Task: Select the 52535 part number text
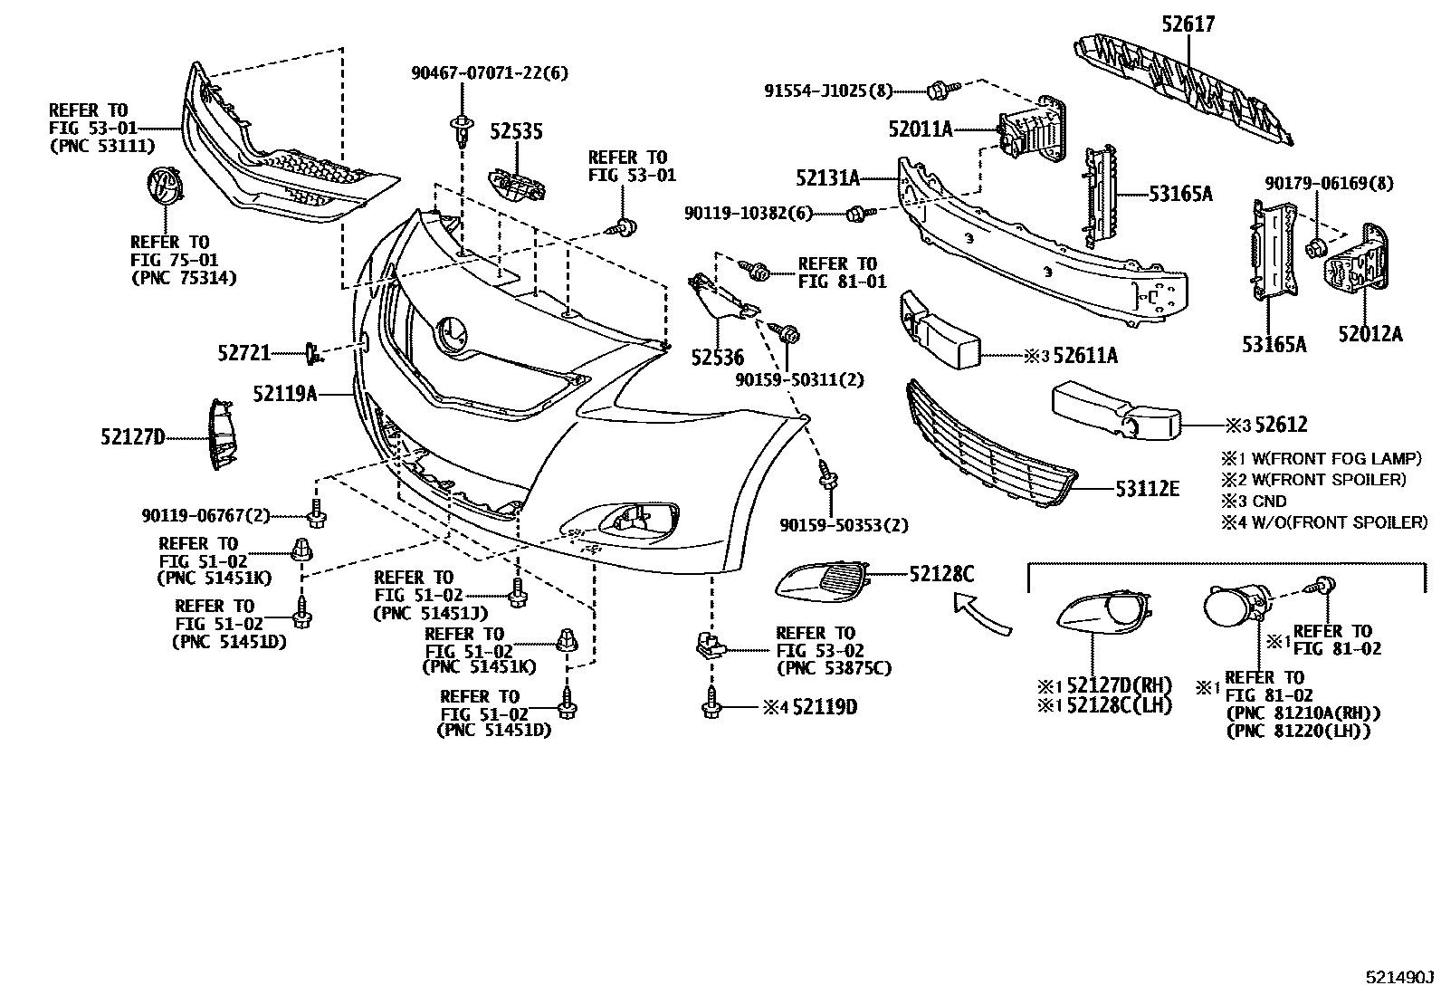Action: (516, 132)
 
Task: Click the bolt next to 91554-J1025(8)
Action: (938, 89)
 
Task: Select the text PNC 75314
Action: (184, 278)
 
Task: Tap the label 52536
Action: (717, 359)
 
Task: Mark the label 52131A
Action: (827, 178)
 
